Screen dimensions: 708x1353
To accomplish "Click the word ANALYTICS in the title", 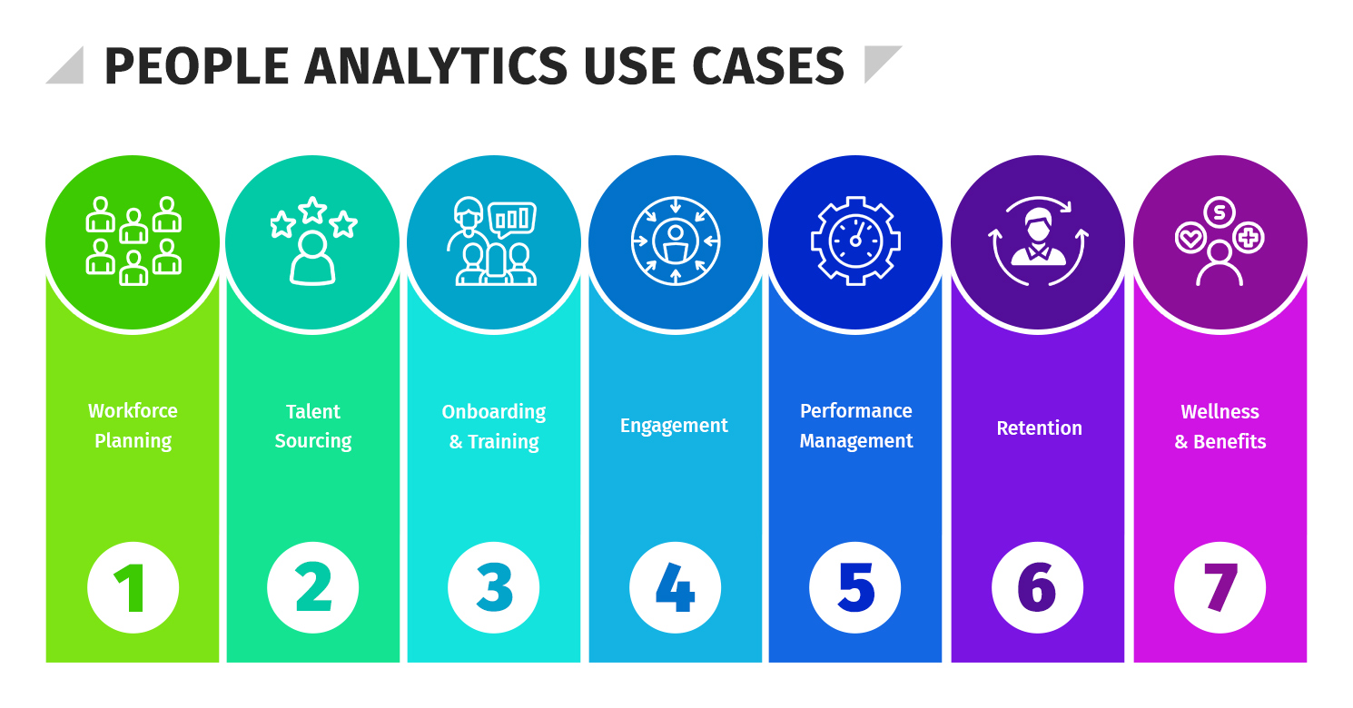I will click(x=436, y=66).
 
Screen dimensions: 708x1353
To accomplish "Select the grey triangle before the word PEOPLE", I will click(x=69, y=68).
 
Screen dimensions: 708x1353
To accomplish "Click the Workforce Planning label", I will click(x=133, y=426).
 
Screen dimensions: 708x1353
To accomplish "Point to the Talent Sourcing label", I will click(x=313, y=426).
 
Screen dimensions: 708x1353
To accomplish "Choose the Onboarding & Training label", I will click(x=494, y=427).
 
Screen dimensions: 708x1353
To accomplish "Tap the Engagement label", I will click(x=674, y=426).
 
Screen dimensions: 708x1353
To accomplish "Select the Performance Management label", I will click(x=856, y=426).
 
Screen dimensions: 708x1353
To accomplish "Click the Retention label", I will click(x=1039, y=428).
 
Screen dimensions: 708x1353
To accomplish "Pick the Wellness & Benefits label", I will click(x=1220, y=427).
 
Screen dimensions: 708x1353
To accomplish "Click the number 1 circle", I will click(x=133, y=587).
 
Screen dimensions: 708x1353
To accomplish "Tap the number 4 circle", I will click(x=675, y=587).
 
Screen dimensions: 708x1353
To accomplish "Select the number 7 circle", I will click(x=1220, y=587).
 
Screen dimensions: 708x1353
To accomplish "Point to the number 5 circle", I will click(x=855, y=587).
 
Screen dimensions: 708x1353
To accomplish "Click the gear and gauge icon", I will click(x=855, y=241).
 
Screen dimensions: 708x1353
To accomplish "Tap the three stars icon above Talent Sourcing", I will click(x=312, y=218).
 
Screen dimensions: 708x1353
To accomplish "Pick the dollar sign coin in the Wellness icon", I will click(x=1220, y=212).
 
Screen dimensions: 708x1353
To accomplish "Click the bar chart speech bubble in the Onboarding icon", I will click(x=512, y=218).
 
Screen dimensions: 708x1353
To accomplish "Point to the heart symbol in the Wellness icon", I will click(x=1189, y=239).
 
